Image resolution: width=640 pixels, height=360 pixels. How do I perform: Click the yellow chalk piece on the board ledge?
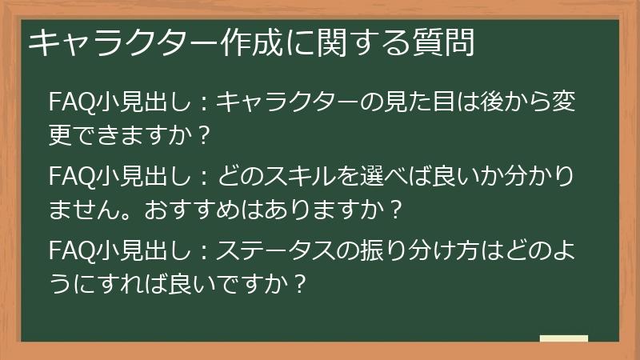(563, 338)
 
